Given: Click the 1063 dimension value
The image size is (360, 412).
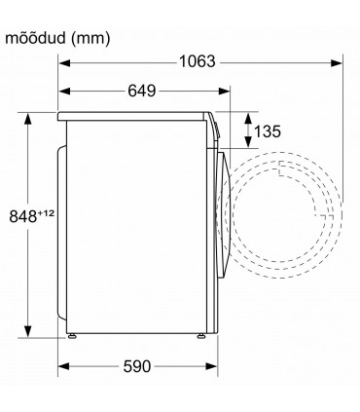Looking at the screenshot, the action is coord(198,61).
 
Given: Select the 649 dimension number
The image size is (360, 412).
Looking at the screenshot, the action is coord(142,91).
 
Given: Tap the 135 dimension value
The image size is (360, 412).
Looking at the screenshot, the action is coord(268,131).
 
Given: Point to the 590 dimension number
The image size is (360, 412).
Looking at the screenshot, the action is coord(137,366).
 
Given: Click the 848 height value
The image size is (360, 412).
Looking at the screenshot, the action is coord(23,216).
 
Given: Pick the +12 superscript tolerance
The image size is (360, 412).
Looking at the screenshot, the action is coord(46,213).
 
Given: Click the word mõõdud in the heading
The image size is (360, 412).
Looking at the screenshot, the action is coord(36,38).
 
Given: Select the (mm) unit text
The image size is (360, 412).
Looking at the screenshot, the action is coord(90,39).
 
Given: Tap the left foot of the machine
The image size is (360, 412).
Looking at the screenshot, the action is coord(72,336).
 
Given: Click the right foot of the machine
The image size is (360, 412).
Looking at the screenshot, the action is coord(201,336).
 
